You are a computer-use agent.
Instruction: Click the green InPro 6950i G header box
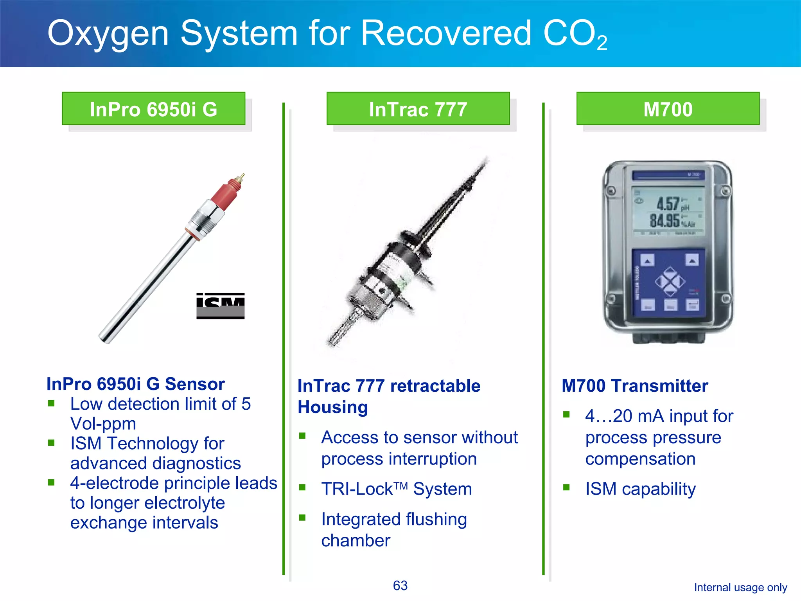pyautogui.click(x=153, y=109)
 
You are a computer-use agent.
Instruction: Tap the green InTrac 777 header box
pyautogui.click(x=418, y=109)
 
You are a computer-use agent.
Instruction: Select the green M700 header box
pyautogui.click(x=668, y=109)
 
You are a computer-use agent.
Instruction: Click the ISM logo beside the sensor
pyautogui.click(x=220, y=306)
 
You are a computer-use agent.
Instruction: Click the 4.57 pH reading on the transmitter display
pyautogui.click(x=668, y=204)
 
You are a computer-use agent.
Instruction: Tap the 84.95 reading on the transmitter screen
pyautogui.click(x=665, y=221)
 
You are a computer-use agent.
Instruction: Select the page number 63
pyautogui.click(x=400, y=585)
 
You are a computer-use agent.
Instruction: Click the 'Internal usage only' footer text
pyautogui.click(x=740, y=587)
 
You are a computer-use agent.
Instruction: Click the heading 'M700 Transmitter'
pyautogui.click(x=635, y=386)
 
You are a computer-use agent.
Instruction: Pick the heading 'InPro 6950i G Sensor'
pyautogui.click(x=135, y=384)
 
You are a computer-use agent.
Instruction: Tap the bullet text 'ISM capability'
pyautogui.click(x=640, y=489)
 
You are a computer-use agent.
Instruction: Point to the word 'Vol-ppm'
pyautogui.click(x=103, y=424)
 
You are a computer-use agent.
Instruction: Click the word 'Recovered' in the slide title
pyautogui.click(x=446, y=33)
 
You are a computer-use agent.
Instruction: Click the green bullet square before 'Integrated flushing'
pyautogui.click(x=302, y=518)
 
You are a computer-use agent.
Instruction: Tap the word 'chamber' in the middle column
pyautogui.click(x=356, y=541)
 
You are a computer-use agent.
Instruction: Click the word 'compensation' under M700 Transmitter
pyautogui.click(x=640, y=459)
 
